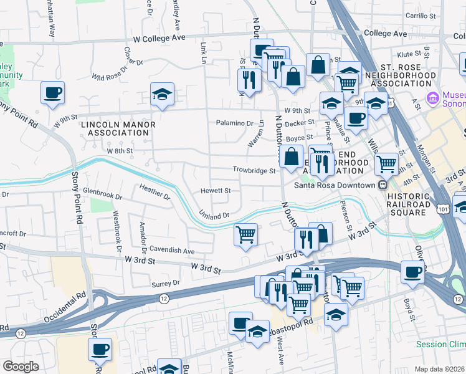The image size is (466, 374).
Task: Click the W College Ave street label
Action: pyautogui.click(x=155, y=38)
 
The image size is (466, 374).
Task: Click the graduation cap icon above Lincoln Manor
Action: pyautogui.click(x=162, y=95)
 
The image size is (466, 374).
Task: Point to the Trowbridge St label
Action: pyautogui.click(x=254, y=170)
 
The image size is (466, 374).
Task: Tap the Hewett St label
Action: pyautogui.click(x=216, y=191)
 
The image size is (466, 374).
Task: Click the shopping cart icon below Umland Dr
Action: pyautogui.click(x=245, y=235)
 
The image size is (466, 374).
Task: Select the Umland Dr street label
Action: pyautogui.click(x=215, y=215)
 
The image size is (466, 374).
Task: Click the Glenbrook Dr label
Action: pyautogui.click(x=103, y=195)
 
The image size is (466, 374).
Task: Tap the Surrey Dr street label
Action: pyautogui.click(x=165, y=282)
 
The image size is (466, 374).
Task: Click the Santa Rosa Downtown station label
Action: pyautogui.click(x=334, y=185)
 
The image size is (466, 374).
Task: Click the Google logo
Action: pyautogui.click(x=21, y=367)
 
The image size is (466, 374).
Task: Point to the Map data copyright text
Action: pyautogui.click(x=439, y=369)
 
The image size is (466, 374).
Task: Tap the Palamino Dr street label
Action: pyautogui.click(x=235, y=123)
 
